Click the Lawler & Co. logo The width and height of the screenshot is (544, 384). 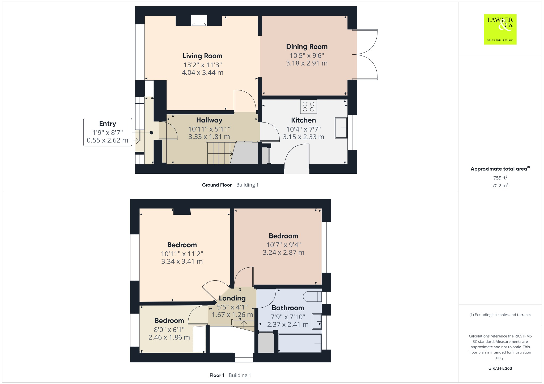(x=500, y=29)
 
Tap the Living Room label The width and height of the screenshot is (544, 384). (x=202, y=56)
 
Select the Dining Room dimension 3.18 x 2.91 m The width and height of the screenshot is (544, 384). (x=307, y=63)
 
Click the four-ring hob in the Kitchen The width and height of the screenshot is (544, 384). (x=308, y=107)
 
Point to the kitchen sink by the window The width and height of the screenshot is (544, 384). (x=341, y=128)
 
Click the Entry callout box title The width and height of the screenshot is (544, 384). (x=107, y=124)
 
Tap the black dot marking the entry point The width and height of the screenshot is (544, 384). (x=151, y=133)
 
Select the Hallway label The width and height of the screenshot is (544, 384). (x=209, y=120)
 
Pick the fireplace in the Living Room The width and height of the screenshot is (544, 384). (x=199, y=21)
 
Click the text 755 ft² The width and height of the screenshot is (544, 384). (x=500, y=178)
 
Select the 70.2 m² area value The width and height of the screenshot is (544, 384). (x=500, y=185)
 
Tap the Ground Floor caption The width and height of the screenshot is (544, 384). (x=216, y=185)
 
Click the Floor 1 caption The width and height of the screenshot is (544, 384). (x=216, y=375)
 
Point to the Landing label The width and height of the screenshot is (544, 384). (x=232, y=298)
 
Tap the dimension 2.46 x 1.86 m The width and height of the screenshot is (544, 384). (x=169, y=337)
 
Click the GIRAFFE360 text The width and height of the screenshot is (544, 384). (x=500, y=368)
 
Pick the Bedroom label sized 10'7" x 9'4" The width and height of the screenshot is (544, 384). (x=283, y=236)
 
